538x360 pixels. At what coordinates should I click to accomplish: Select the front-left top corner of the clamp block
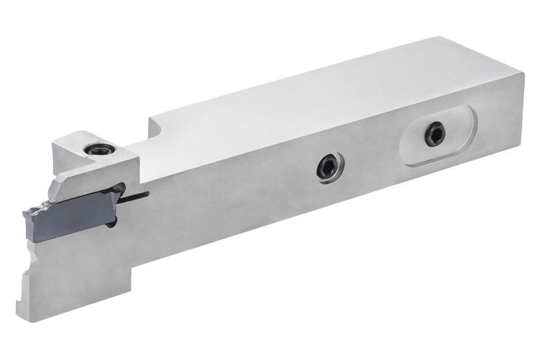coord(54,141)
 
